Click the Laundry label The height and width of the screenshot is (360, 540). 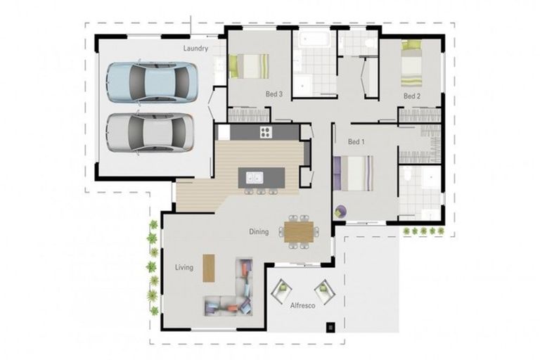point(195,49)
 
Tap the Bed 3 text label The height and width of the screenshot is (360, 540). point(274,94)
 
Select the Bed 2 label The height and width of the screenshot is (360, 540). point(411,96)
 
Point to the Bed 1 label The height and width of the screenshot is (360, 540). point(356,142)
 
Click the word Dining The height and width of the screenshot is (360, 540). point(259,231)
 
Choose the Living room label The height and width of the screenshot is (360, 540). point(184,267)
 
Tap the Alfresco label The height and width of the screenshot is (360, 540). point(302,307)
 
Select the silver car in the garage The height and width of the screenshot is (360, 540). point(150,131)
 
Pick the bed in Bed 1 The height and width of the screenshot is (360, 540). point(354,173)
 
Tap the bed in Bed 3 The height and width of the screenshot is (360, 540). point(247,67)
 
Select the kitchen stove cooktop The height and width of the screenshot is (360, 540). point(266,132)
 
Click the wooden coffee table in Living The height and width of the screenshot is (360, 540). point(208,267)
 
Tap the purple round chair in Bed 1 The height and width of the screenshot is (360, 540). point(340,210)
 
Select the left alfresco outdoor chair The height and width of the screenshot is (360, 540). point(283,289)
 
